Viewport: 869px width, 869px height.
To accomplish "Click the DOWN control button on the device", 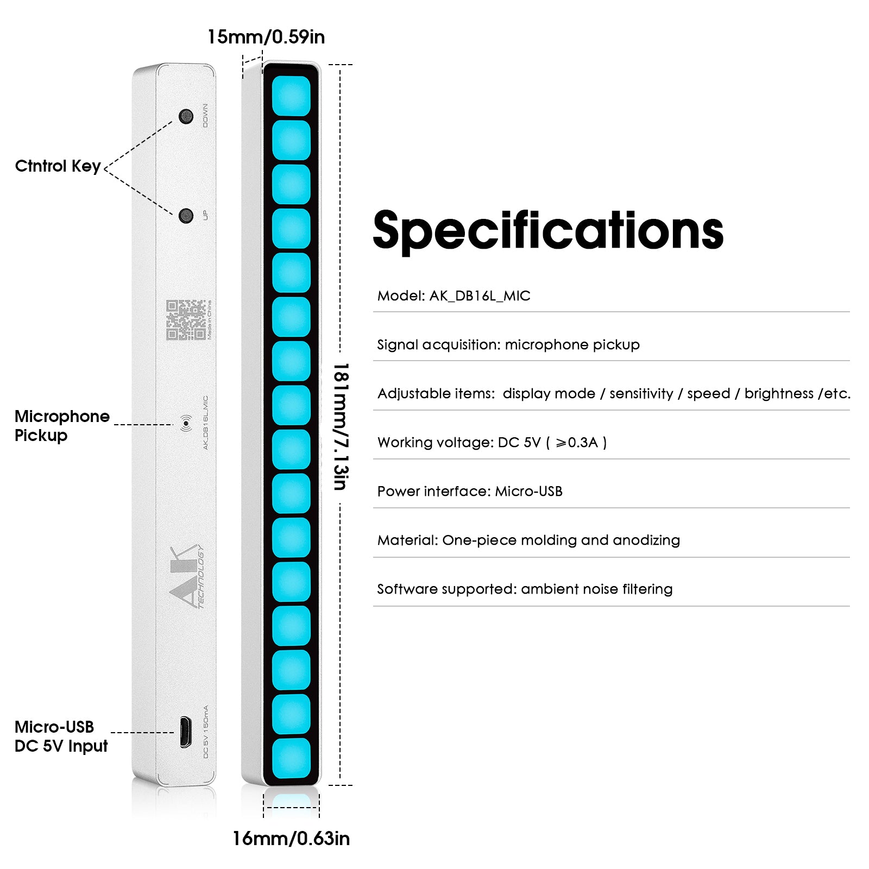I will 186,116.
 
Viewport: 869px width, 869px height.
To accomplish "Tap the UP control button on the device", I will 186,216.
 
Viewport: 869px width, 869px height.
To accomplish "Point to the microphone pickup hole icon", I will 186,423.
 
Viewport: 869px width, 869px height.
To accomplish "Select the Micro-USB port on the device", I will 185,732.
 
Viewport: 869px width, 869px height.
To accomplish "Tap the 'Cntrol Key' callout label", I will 58,166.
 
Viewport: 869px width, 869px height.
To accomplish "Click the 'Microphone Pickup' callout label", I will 61,426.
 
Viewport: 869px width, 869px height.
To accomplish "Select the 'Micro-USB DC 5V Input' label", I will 61,736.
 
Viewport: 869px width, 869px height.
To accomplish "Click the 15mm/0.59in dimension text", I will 266,37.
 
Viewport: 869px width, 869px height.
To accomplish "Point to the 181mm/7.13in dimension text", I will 341,427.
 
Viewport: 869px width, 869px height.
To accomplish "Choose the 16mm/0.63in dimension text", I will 291,839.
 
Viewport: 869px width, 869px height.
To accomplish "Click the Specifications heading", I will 549,231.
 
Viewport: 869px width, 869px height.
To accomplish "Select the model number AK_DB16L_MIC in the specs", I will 480,296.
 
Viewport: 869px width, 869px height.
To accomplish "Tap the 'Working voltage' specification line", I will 492,443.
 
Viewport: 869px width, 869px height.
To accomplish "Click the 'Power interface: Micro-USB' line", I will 470,492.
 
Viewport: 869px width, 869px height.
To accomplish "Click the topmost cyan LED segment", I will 291,96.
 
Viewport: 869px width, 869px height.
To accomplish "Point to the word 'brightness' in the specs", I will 779,394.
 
